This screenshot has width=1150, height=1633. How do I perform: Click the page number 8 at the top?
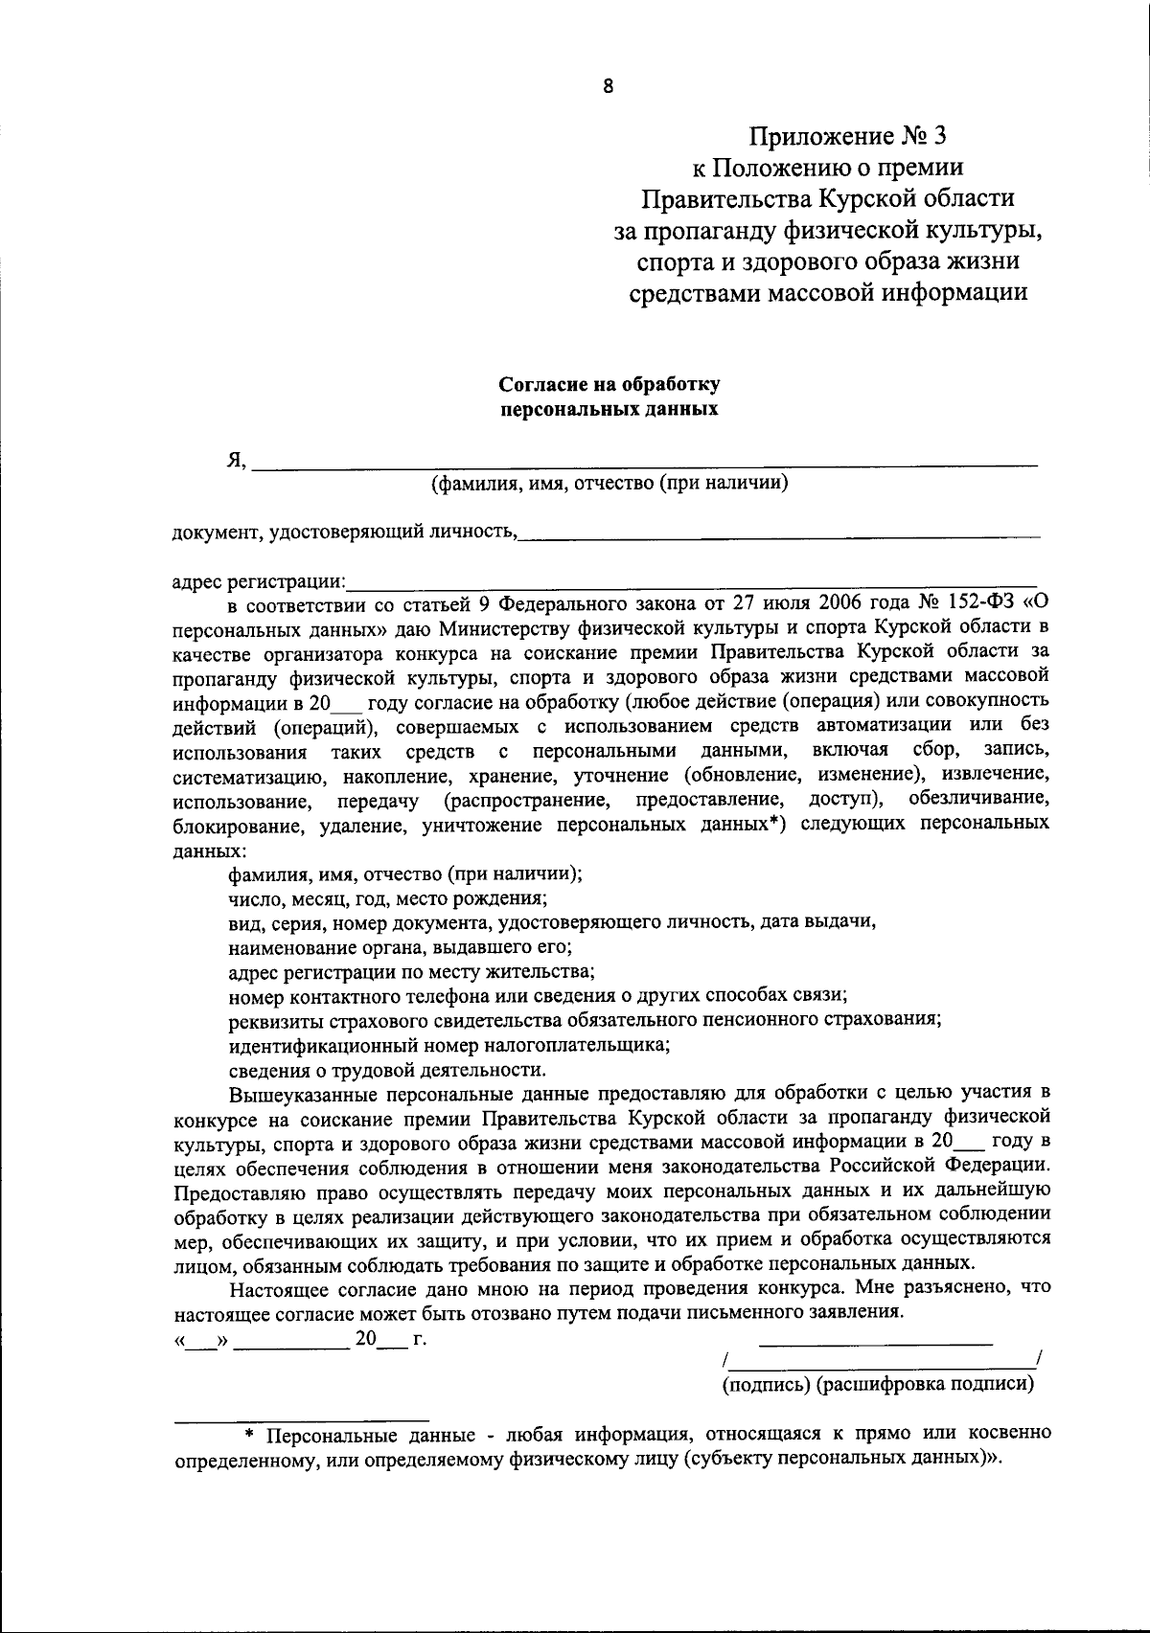click(608, 86)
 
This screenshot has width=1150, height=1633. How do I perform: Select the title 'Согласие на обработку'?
click(609, 385)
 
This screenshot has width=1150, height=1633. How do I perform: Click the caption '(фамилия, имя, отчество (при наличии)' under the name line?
click(609, 483)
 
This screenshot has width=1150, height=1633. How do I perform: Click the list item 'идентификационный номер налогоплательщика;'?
click(449, 1045)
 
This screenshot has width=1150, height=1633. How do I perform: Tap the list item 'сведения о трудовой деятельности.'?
click(388, 1070)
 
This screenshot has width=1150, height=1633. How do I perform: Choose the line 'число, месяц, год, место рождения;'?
click(388, 898)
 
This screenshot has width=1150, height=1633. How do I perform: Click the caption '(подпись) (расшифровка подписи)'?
click(878, 1383)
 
